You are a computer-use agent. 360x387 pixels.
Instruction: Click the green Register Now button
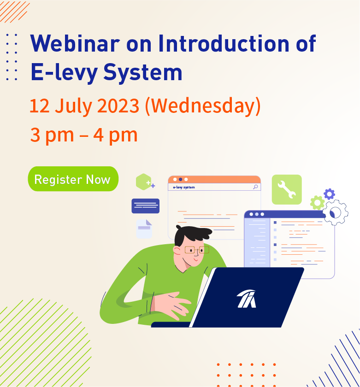73,179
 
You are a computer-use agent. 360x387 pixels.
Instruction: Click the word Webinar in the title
75,44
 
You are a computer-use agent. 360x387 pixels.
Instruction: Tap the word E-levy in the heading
64,72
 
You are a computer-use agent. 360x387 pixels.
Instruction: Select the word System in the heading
143,72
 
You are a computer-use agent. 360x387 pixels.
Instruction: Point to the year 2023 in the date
118,106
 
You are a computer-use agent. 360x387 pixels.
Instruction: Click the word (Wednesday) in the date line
203,106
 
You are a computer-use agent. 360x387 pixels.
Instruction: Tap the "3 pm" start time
52,135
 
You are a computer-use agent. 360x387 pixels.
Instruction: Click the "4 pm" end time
115,135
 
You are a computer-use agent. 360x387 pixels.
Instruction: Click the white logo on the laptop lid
247,299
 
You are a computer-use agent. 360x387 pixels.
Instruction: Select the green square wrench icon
287,189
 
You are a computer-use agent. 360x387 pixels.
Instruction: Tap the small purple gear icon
330,194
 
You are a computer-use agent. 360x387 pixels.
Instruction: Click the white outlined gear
335,212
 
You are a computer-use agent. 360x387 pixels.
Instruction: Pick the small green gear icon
317,203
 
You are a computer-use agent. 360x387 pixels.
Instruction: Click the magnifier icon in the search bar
255,187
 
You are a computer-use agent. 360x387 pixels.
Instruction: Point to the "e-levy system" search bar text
184,188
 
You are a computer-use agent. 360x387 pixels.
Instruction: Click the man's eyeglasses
197,250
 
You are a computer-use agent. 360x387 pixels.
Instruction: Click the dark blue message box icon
146,206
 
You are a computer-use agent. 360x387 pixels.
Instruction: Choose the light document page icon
144,229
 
